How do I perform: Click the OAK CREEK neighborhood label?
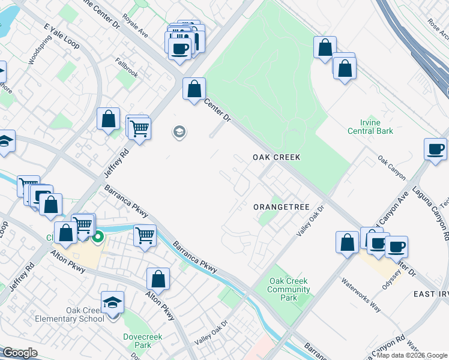276,157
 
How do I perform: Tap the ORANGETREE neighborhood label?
281,207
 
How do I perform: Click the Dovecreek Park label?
137,341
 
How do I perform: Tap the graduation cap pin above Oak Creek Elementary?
112,302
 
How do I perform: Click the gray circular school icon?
178,131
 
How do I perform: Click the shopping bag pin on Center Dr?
194,90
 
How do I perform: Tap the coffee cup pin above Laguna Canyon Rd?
435,149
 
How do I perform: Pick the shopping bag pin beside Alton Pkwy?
158,279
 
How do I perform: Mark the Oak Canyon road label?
391,168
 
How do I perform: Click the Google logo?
20,353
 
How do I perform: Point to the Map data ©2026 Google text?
412,355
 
